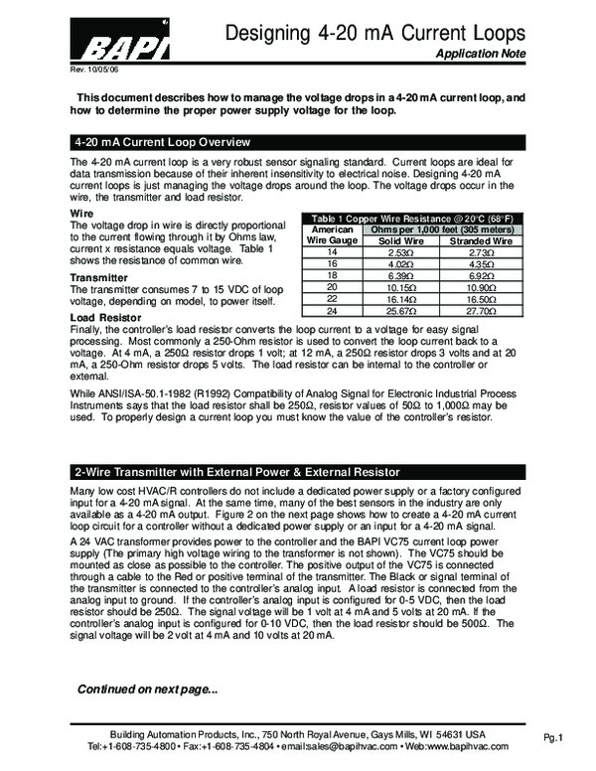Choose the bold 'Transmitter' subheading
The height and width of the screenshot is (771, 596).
pos(99,277)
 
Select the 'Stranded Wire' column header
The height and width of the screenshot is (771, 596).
pos(481,240)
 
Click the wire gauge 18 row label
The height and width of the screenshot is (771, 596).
pos(332,273)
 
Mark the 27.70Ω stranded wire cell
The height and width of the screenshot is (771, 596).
pos(481,311)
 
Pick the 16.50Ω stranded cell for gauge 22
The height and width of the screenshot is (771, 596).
pos(481,298)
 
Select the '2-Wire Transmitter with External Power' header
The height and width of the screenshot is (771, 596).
pos(237,471)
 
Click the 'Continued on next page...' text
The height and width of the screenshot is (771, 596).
pos(147,689)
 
